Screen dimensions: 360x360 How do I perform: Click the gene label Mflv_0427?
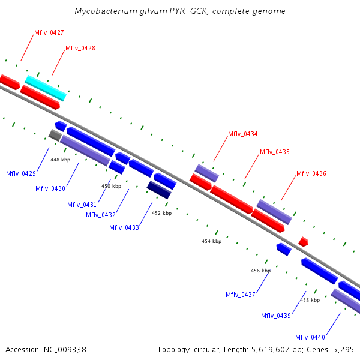pyautogui.click(x=49, y=32)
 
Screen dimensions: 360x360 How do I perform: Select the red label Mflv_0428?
pyautogui.click(x=80, y=48)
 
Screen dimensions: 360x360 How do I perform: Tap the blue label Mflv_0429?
pyautogui.click(x=21, y=173)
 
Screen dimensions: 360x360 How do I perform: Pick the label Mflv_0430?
pyautogui.click(x=50, y=188)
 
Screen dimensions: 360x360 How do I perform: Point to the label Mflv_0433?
pyautogui.click(x=124, y=227)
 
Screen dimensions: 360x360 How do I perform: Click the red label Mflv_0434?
pyautogui.click(x=242, y=134)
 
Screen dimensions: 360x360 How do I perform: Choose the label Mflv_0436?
pyautogui.click(x=311, y=173)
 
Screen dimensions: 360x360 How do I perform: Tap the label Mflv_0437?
pyautogui.click(x=241, y=295)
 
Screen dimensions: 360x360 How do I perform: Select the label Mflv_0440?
pyautogui.click(x=310, y=337)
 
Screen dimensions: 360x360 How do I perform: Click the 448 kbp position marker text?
pyautogui.click(x=60, y=160)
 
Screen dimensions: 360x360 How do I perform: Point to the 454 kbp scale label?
pyautogui.click(x=211, y=241)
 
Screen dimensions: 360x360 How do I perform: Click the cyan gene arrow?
pyautogui.click(x=46, y=88)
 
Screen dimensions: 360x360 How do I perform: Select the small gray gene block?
pyautogui.click(x=55, y=135)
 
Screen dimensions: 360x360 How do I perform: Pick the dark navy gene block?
pyautogui.click(x=159, y=190)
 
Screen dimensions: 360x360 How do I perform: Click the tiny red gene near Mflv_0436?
pyautogui.click(x=303, y=241)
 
